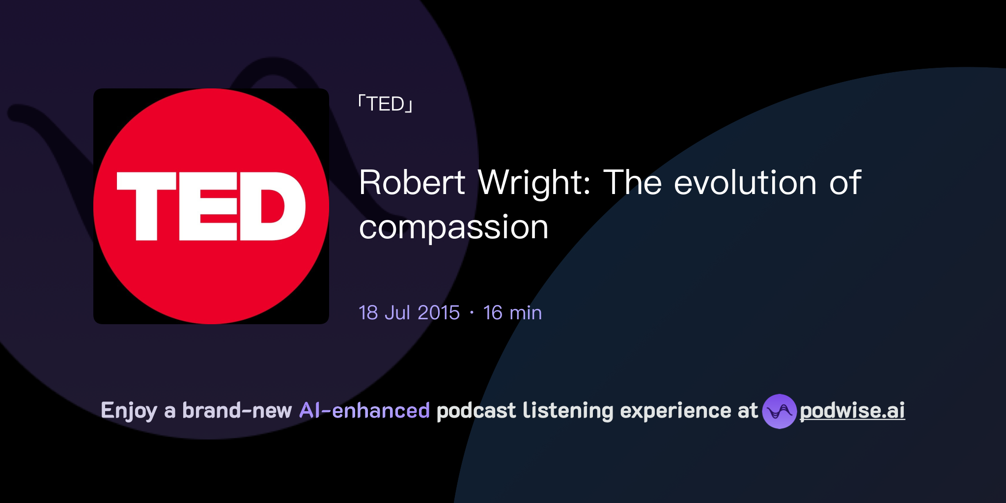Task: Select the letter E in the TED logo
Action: coord(209,206)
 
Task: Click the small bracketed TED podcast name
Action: coord(386,104)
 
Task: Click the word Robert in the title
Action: coord(412,183)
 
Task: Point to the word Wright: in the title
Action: coord(534,183)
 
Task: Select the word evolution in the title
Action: coord(745,183)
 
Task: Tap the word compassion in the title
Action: coord(453,227)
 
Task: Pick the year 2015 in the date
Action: coord(439,313)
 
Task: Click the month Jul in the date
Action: coord(397,313)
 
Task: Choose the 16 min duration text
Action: coord(512,313)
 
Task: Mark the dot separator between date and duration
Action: coord(472,313)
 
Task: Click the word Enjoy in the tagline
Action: coord(129,411)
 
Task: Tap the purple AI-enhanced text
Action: coord(364,411)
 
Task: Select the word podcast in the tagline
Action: coord(476,411)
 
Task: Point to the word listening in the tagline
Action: coord(568,411)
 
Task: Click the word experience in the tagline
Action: coord(675,411)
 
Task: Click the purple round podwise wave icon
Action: coord(779,411)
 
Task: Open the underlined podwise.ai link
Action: coord(852,411)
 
